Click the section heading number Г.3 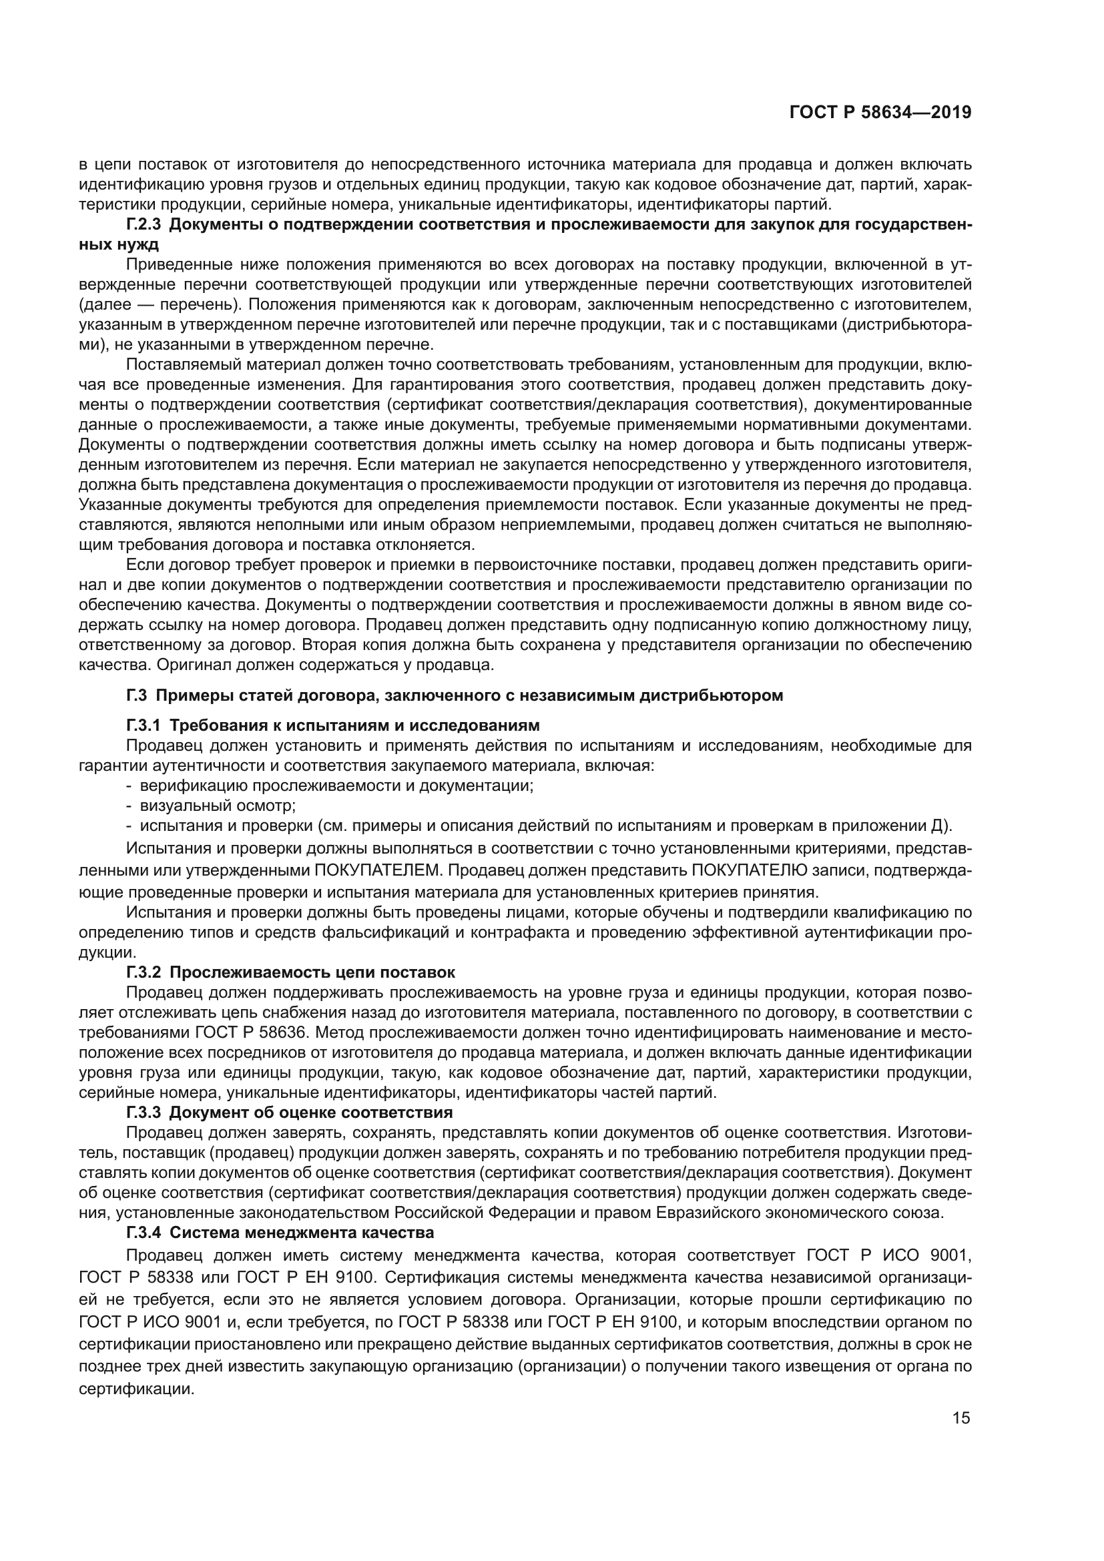137,695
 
